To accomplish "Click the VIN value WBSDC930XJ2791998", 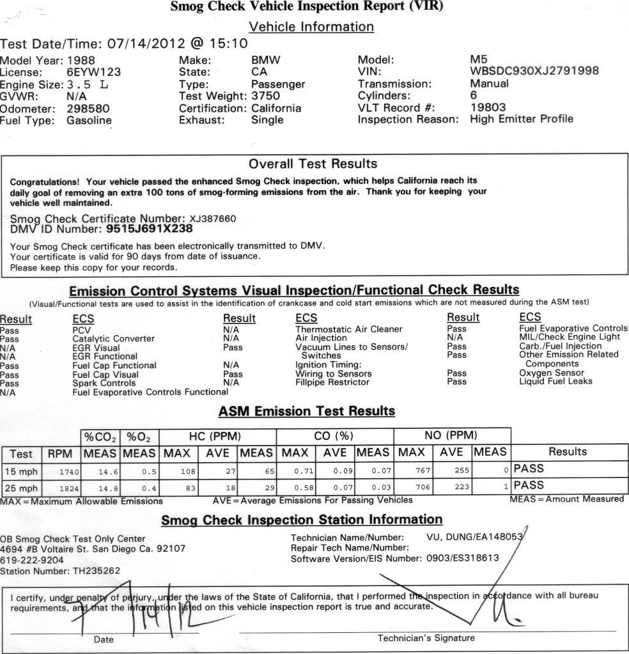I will pyautogui.click(x=534, y=72).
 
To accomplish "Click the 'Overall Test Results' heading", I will pyautogui.click(x=313, y=164).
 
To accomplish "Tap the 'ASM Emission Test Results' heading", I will pyautogui.click(x=307, y=411).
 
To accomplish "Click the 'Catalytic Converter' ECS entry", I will pyautogui.click(x=114, y=338).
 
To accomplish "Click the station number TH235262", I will pyautogui.click(x=88, y=570).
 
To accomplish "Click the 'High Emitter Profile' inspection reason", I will pyautogui.click(x=522, y=119).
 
